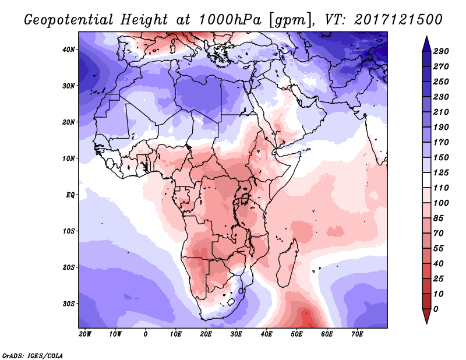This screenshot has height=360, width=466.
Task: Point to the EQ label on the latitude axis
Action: pyautogui.click(x=70, y=195)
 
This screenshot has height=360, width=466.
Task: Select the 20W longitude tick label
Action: pyautogui.click(x=85, y=334)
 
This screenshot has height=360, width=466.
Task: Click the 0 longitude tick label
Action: pyautogui.click(x=145, y=334)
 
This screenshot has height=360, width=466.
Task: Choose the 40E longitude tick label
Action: pyautogui.click(x=267, y=334)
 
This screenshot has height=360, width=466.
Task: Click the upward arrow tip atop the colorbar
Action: pyautogui.click(x=426, y=39)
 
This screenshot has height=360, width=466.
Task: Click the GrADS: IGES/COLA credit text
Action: pyautogui.click(x=33, y=354)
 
